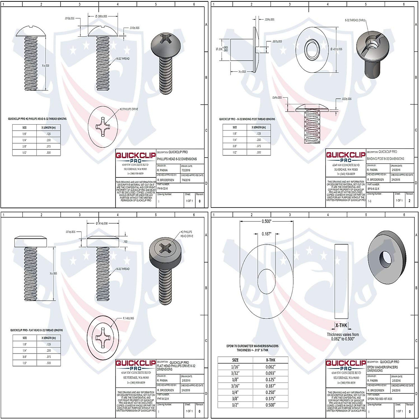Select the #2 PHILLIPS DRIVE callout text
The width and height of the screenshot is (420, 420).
tap(129, 109)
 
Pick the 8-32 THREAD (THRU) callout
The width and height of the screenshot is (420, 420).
tap(355, 21)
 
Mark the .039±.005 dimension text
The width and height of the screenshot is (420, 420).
tap(269, 20)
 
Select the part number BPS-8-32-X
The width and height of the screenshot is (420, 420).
tap(373, 189)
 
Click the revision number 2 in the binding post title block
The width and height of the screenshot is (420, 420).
tap(409, 201)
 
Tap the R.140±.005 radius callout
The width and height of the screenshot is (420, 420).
tap(128, 318)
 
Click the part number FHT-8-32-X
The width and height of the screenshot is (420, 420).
tap(163, 399)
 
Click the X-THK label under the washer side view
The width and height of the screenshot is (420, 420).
tap(341, 325)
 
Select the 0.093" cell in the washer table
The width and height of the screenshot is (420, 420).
tap(270, 373)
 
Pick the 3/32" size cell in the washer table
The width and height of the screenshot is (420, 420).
tap(235, 373)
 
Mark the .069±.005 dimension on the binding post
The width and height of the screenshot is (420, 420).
tap(277, 97)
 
